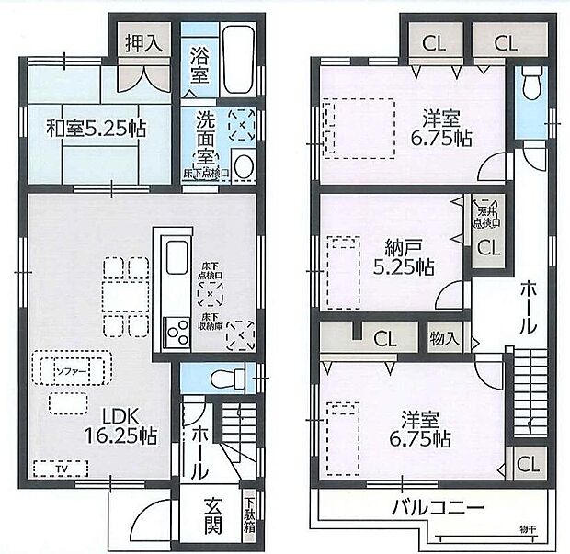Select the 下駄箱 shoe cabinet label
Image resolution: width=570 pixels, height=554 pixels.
(x=249, y=515)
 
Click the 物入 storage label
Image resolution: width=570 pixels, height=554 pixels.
(x=444, y=339)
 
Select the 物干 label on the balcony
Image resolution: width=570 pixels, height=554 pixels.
(x=528, y=529)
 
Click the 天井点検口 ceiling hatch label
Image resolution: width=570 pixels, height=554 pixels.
(x=487, y=217)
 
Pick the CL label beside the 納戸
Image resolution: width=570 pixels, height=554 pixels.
(x=488, y=246)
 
